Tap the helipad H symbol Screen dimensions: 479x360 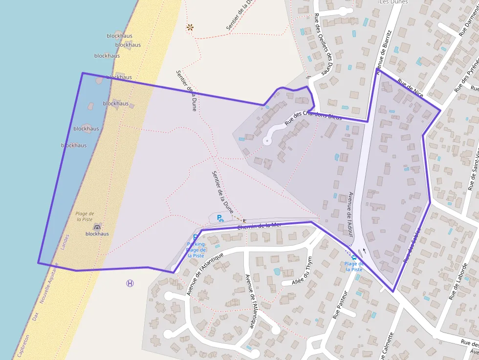(130, 283)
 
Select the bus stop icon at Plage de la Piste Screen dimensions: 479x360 (354, 257)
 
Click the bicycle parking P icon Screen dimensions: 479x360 (220, 218)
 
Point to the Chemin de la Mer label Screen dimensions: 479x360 (260, 226)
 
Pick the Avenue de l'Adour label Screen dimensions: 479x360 (350, 214)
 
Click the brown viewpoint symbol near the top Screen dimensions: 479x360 (190, 28)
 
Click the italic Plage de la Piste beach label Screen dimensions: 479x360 (85, 216)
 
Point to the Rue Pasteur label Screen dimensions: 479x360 (340, 305)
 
